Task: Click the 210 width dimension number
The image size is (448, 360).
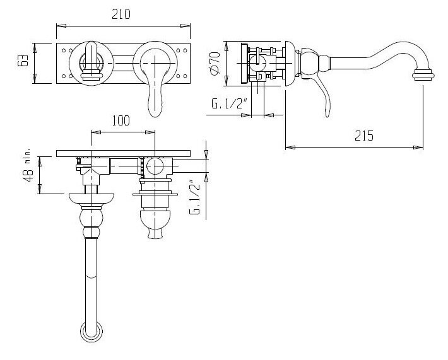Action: (121, 14)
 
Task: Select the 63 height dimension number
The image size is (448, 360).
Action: (23, 61)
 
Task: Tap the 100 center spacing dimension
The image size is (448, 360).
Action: (121, 121)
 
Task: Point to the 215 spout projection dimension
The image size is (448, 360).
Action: (364, 136)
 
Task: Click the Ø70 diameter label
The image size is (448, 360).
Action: (215, 62)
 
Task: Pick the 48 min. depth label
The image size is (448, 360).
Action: (29, 168)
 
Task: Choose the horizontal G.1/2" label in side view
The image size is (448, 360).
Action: (229, 103)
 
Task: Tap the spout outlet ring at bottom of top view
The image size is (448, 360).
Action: (91, 332)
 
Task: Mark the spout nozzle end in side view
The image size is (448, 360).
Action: (423, 74)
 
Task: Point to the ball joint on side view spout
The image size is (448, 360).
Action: (308, 62)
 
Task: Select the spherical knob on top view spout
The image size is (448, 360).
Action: (91, 218)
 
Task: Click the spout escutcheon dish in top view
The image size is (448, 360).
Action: (91, 199)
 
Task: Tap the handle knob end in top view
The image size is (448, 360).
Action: (155, 232)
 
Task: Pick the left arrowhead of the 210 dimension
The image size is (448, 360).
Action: (61, 26)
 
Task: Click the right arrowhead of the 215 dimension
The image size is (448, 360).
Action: (418, 148)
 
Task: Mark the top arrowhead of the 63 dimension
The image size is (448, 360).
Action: (34, 48)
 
